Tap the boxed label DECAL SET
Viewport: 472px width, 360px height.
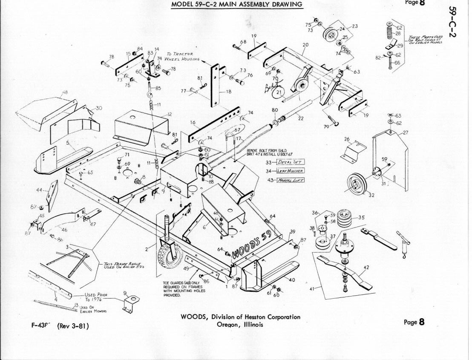click(x=291, y=162)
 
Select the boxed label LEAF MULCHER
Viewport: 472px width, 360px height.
click(x=290, y=171)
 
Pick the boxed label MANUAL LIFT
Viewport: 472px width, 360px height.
click(x=290, y=180)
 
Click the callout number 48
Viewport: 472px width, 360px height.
click(x=65, y=92)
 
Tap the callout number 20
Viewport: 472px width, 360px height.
click(x=305, y=45)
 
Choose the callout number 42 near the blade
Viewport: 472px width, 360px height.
click(x=366, y=268)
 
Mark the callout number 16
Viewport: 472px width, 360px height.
click(x=193, y=123)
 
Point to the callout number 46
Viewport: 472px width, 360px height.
click(x=64, y=230)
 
